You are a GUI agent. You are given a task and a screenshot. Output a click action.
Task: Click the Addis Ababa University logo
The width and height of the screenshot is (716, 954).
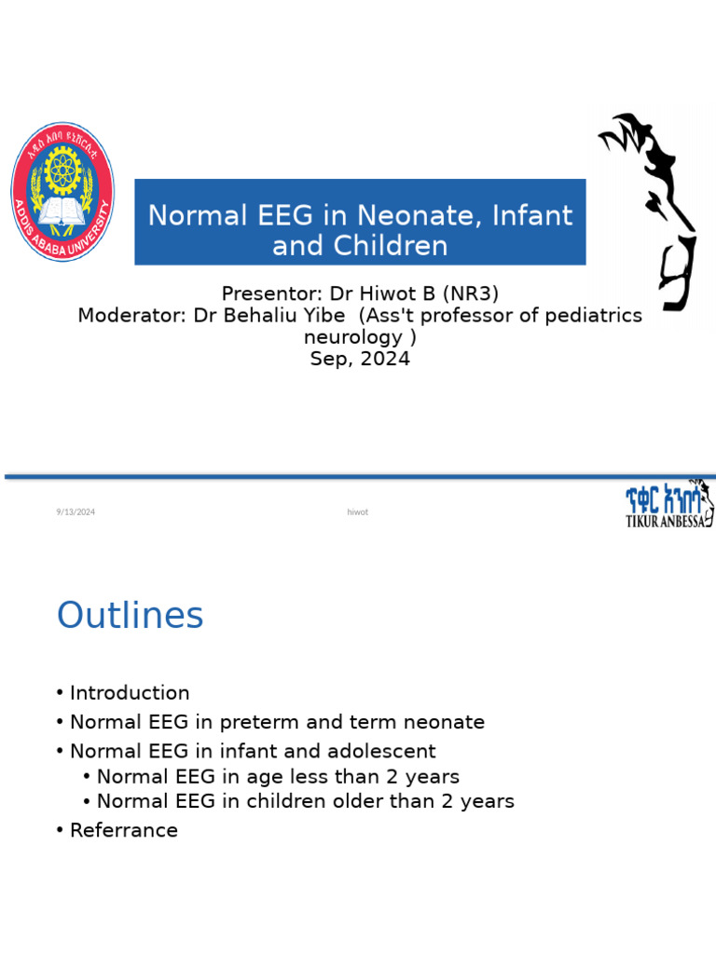click(x=62, y=191)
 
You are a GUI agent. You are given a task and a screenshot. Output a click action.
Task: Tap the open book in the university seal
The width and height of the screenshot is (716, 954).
click(x=62, y=211)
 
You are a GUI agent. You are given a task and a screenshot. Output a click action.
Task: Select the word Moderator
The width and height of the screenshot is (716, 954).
click(x=131, y=316)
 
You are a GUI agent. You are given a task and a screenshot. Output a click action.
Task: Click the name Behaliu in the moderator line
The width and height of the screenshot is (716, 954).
click(x=268, y=316)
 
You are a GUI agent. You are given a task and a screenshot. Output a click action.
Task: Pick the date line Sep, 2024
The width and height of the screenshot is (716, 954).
click(x=360, y=359)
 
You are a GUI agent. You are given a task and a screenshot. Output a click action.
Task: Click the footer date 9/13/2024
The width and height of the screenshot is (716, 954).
click(x=75, y=511)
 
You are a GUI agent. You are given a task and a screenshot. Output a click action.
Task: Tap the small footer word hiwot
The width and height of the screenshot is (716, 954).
click(x=357, y=511)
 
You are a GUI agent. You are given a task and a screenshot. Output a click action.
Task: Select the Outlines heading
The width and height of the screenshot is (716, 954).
click(x=131, y=616)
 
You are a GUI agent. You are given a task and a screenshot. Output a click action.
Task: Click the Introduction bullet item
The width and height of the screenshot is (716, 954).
click(x=130, y=693)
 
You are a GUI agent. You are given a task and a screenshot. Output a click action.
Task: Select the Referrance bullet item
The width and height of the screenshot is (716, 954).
click(x=124, y=830)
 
